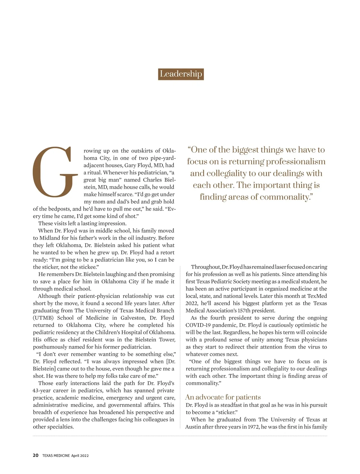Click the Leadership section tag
(x=181, y=74)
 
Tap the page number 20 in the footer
(x=36, y=455)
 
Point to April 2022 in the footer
(x=80, y=456)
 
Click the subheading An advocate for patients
(x=223, y=397)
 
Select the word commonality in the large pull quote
(x=285, y=197)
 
